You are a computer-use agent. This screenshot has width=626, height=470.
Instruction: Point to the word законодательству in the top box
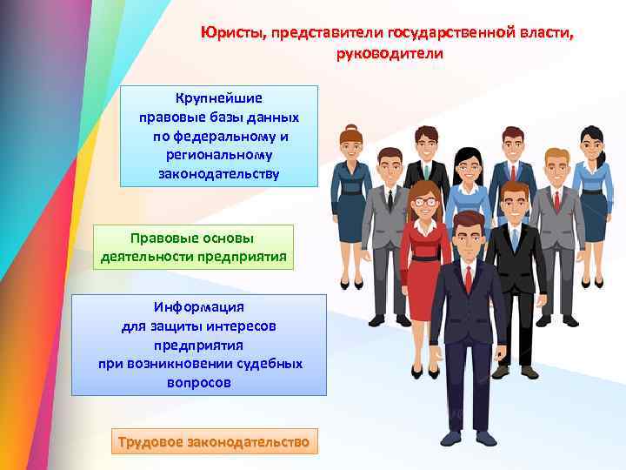click(x=219, y=173)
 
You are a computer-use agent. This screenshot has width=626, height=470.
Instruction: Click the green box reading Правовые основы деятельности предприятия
click(x=192, y=247)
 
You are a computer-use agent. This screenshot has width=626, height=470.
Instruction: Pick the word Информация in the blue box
click(x=199, y=307)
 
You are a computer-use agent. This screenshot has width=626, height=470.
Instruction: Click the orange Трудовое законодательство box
click(x=213, y=442)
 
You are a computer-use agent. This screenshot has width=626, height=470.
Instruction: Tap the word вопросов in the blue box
click(x=199, y=382)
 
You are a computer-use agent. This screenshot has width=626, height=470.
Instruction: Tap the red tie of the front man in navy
click(x=468, y=279)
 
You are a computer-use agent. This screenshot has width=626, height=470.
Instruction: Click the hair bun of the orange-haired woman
click(x=350, y=128)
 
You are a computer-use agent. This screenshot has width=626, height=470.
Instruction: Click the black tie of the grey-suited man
click(x=390, y=199)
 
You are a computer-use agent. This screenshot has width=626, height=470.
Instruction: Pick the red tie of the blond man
click(x=557, y=200)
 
